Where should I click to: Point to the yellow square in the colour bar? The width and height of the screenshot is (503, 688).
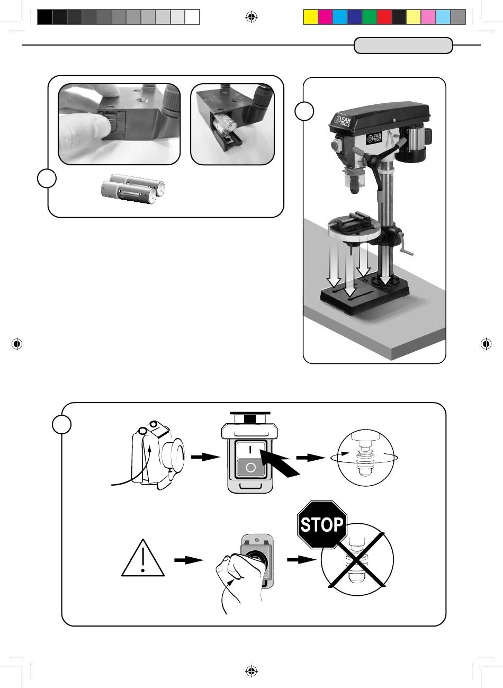coord(310,17)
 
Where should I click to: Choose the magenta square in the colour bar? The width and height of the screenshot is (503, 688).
coord(325,17)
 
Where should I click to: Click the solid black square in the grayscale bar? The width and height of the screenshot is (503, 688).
coord(45,17)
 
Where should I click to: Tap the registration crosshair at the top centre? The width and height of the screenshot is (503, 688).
coord(251,17)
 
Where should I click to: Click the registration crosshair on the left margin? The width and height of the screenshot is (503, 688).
coord(17,344)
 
